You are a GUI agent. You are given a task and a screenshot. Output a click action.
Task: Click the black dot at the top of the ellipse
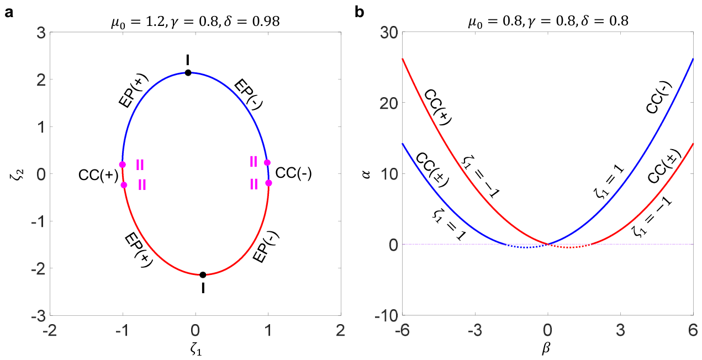[188, 73]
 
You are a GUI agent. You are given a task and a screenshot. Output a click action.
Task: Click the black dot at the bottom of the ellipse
[203, 275]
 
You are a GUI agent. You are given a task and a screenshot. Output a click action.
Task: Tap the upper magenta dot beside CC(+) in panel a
[123, 165]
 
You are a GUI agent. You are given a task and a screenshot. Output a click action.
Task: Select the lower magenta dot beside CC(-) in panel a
[268, 183]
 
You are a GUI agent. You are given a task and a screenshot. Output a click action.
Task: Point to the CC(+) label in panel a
[98, 175]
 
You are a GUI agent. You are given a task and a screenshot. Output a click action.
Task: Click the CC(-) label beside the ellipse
[293, 173]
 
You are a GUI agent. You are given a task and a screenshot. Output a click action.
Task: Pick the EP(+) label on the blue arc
[134, 91]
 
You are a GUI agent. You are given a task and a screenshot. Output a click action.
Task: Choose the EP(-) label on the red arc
[266, 247]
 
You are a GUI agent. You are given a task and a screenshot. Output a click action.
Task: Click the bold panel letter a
[9, 13]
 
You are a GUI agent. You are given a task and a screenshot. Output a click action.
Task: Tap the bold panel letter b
[360, 12]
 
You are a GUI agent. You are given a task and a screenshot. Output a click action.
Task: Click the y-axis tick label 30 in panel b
[389, 33]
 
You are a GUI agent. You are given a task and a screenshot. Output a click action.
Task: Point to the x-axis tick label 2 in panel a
[340, 330]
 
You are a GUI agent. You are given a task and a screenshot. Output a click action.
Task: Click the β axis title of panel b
[547, 348]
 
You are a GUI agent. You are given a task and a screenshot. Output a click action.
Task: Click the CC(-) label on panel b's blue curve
[659, 97]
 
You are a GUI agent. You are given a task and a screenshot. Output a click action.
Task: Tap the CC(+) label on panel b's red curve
[438, 108]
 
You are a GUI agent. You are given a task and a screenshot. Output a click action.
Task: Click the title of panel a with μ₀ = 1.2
[195, 22]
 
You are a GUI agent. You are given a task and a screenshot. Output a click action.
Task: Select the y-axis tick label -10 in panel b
[387, 315]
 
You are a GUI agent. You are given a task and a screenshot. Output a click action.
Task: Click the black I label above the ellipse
[188, 60]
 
